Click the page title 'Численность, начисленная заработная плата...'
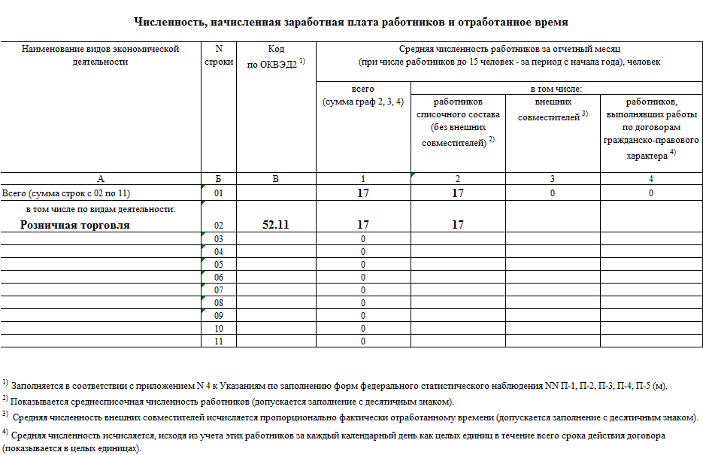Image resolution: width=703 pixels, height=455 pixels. pos(350,23)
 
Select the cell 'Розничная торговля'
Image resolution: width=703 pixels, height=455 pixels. pos(75,225)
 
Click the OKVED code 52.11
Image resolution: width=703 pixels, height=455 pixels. pos(276,225)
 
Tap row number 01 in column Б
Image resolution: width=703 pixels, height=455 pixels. pos(219,193)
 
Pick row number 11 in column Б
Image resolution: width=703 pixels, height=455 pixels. pos(219,341)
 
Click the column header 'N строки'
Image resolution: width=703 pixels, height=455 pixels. pos(219,56)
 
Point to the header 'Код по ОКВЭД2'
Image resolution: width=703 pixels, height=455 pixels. pos(276,56)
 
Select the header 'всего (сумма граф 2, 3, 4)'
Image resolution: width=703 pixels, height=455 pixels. pos(363,96)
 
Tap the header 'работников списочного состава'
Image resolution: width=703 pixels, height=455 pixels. pos(458,121)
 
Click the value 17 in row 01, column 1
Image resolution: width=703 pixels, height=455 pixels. pos(363,193)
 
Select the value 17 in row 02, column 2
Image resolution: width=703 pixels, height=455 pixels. pos(458,225)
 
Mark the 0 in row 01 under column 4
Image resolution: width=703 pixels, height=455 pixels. pos(651,193)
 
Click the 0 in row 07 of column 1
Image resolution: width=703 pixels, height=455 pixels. pos(363,290)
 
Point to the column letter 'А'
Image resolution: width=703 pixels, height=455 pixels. pos(100,179)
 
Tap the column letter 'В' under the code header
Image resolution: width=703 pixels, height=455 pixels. pos(276,179)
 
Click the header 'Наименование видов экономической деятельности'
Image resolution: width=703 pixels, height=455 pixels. pos(100,56)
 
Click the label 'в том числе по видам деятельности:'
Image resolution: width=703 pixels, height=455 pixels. pos(100,208)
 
